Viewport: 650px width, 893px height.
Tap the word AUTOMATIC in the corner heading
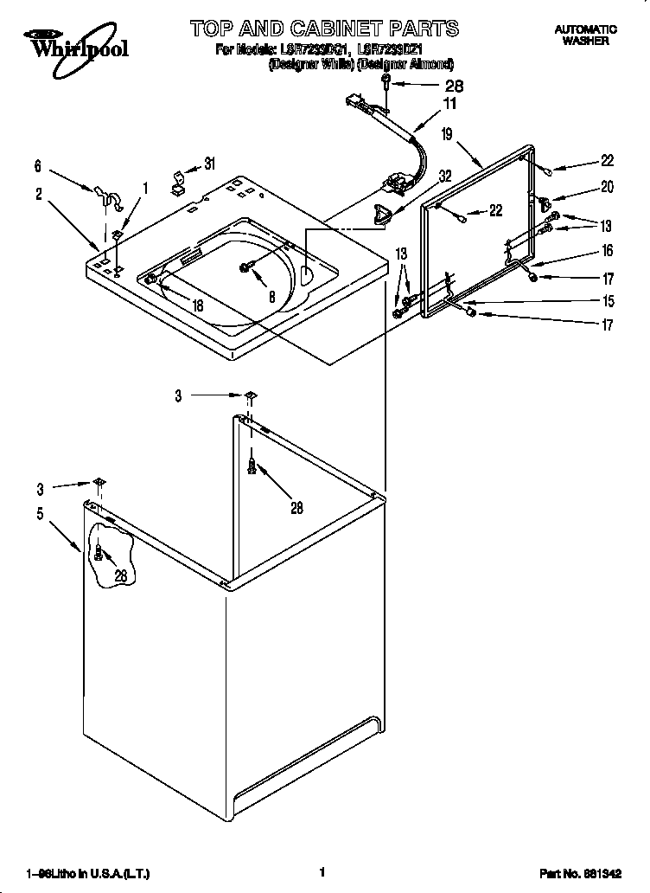pyautogui.click(x=584, y=29)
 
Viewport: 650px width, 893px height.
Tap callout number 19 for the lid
pyautogui.click(x=447, y=134)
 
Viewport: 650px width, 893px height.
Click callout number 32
pyautogui.click(x=445, y=176)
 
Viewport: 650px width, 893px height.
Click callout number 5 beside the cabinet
pyautogui.click(x=40, y=514)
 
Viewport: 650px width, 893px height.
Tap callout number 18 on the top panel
pyautogui.click(x=196, y=305)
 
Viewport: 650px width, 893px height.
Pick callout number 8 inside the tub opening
pyautogui.click(x=272, y=294)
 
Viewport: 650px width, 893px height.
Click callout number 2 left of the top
pyautogui.click(x=40, y=194)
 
